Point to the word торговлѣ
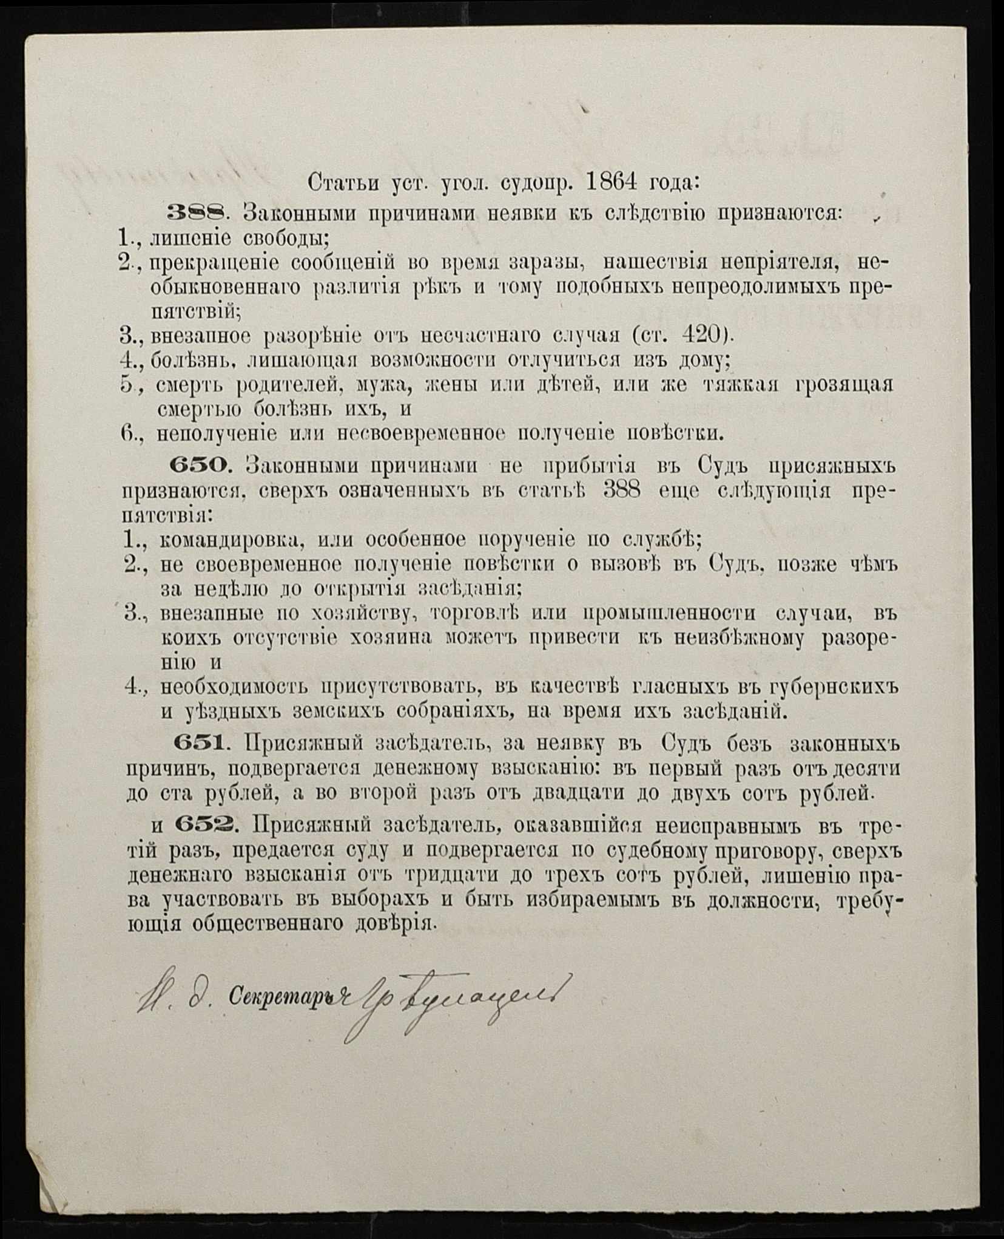click(x=474, y=613)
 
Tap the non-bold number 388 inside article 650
click(x=622, y=491)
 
